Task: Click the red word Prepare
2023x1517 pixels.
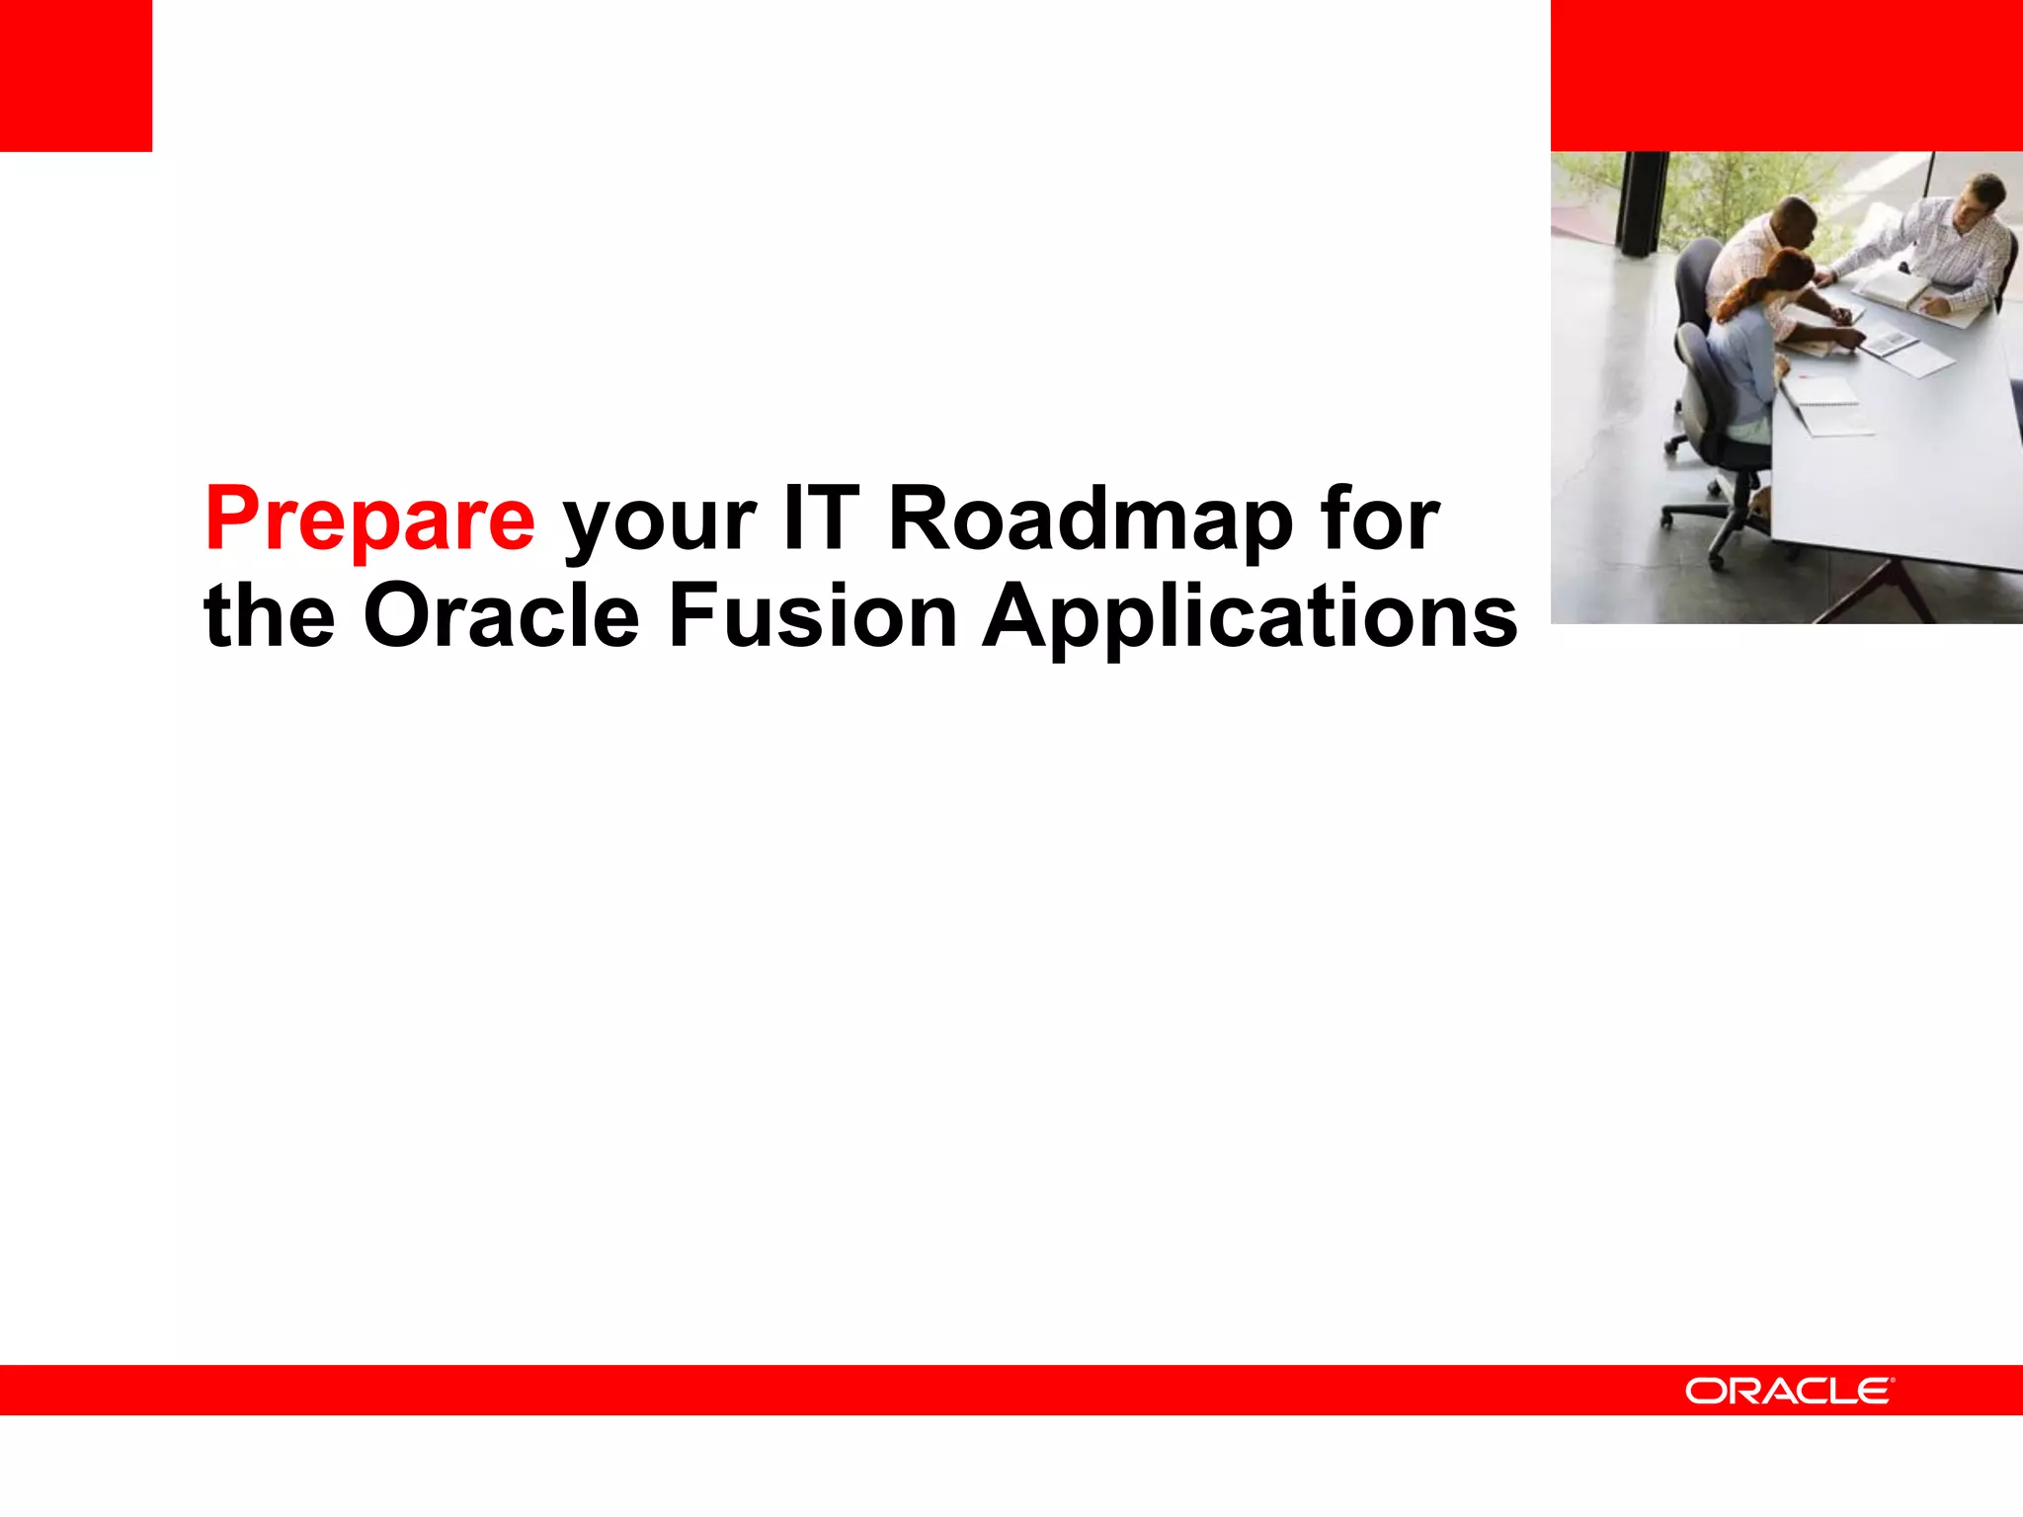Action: pos(369,520)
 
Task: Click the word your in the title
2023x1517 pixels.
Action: pos(660,523)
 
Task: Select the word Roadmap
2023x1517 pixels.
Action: pos(1091,520)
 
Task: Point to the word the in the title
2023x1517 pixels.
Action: pos(269,615)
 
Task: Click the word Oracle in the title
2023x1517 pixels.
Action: pos(502,615)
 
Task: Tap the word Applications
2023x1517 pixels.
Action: pos(1249,617)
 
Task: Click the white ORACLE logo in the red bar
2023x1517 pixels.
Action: pos(1789,1391)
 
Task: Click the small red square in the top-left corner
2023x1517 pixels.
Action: pos(76,76)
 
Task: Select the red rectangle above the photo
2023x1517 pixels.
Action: pos(1786,76)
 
